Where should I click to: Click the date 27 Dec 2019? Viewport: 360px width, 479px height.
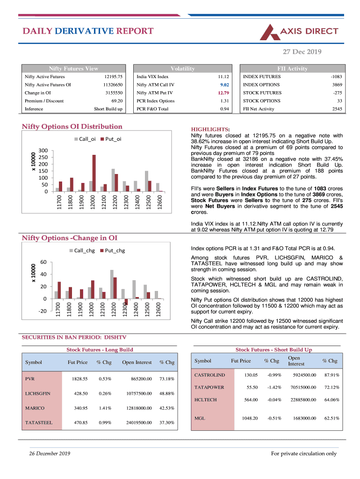tap(302, 51)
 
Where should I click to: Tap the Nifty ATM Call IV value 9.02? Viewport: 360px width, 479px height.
tap(224, 85)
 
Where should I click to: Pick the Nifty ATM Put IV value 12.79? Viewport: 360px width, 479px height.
tap(223, 93)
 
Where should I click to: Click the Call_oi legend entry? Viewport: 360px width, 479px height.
tap(85, 139)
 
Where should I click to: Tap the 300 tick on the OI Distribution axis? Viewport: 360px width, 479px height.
tap(43, 151)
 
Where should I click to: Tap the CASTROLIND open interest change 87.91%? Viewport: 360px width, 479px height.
tap(331, 375)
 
